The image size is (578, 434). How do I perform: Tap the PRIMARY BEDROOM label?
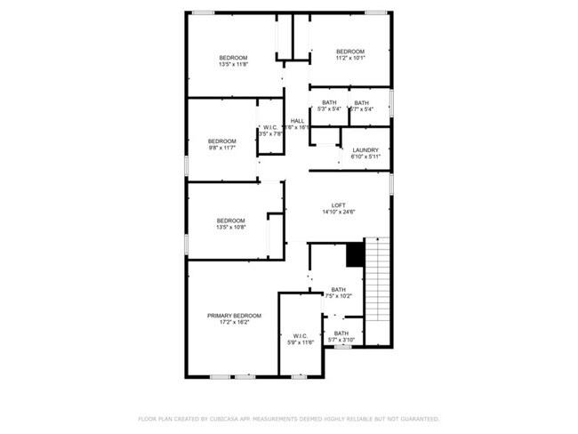click(235, 316)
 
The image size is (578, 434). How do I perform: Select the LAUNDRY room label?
click(365, 149)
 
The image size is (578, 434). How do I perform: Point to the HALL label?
click(297, 121)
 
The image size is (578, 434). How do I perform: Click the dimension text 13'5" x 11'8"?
click(234, 64)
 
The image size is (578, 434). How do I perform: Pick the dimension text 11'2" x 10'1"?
click(350, 58)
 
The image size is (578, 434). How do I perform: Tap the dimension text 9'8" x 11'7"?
click(222, 148)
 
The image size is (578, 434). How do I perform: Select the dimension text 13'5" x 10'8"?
click(231, 227)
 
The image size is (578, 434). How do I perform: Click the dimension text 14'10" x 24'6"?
click(338, 213)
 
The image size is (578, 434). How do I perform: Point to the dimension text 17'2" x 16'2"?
click(235, 322)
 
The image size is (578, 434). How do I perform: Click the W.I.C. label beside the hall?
click(270, 127)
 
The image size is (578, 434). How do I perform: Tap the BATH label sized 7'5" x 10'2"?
click(339, 289)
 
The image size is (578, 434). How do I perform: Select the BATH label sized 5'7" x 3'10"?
click(341, 333)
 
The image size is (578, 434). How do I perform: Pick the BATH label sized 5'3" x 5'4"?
click(330, 103)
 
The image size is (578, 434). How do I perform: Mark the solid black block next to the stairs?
click(356, 254)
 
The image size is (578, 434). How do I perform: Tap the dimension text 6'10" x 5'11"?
click(365, 157)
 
